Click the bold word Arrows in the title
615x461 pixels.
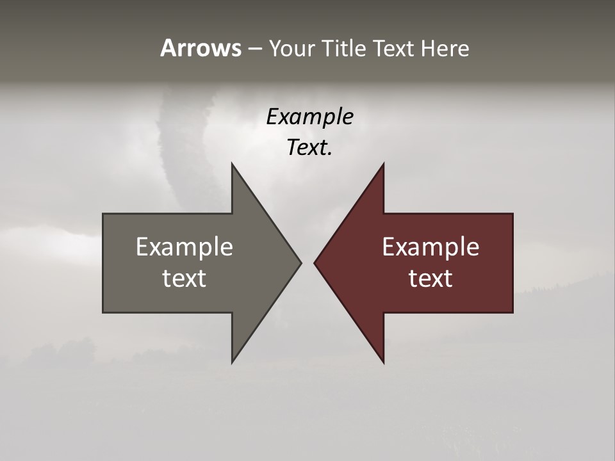pyautogui.click(x=201, y=48)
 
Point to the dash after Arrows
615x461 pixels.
pyautogui.click(x=254, y=49)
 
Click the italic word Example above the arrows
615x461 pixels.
pyautogui.click(x=309, y=117)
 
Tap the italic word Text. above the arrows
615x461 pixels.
pyautogui.click(x=309, y=148)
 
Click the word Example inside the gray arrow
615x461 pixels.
pyautogui.click(x=184, y=247)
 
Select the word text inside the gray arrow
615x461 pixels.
pyautogui.click(x=184, y=278)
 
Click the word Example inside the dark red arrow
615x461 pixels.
pyautogui.click(x=430, y=247)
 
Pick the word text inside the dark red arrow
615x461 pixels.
pyautogui.click(x=430, y=278)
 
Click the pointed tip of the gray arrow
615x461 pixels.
pyautogui.click(x=300, y=263)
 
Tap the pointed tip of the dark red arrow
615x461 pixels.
pyautogui.click(x=315, y=263)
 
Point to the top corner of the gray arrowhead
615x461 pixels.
pyautogui.click(x=232, y=164)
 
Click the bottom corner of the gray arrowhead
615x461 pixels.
pyautogui.click(x=232, y=362)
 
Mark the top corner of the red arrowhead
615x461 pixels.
pyautogui.click(x=383, y=164)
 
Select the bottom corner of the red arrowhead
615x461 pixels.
pyautogui.click(x=383, y=362)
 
